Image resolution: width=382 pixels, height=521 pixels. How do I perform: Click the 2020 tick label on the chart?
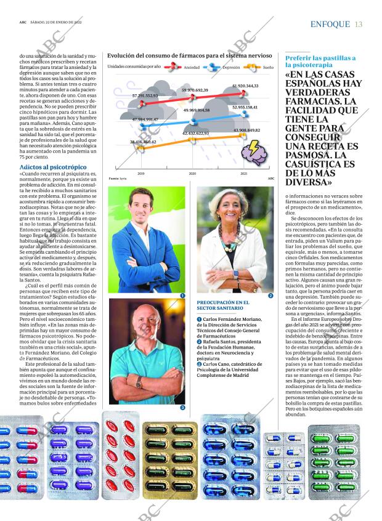(192, 174)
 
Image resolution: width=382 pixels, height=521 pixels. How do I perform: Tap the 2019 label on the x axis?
(140, 174)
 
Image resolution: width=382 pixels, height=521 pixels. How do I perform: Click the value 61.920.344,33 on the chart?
(245, 86)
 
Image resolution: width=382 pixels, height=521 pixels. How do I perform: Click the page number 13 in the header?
(359, 24)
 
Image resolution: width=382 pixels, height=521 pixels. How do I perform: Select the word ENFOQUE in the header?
(330, 24)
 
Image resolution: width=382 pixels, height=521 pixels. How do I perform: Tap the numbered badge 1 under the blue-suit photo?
(182, 296)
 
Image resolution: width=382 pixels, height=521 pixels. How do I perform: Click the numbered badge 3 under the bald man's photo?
(182, 408)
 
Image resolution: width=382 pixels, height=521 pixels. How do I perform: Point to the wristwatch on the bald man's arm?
(139, 382)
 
